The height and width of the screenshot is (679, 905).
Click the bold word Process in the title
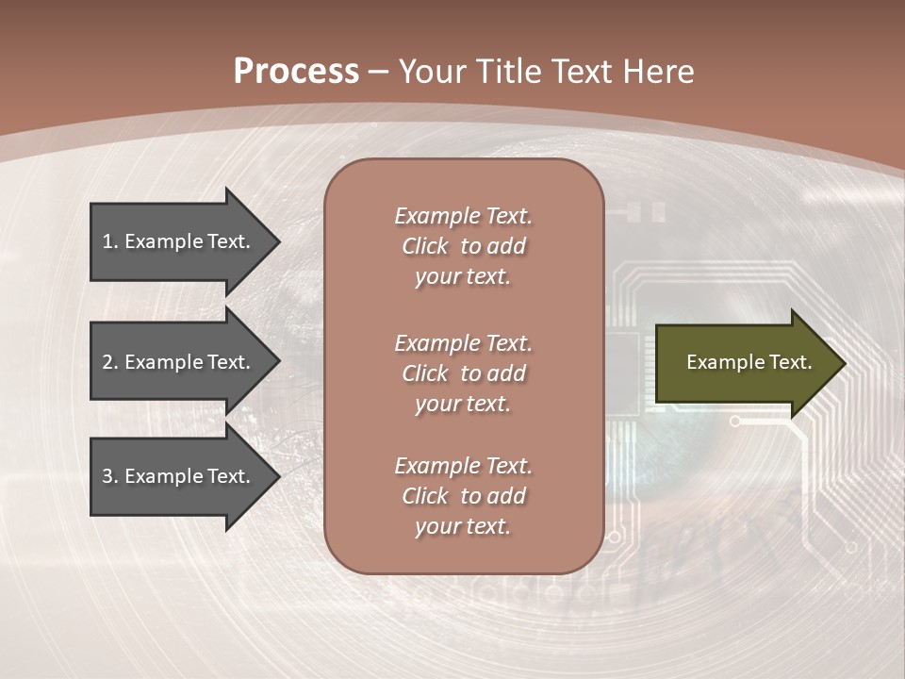[296, 72]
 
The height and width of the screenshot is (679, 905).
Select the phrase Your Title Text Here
[546, 72]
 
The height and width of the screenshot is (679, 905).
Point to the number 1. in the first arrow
[109, 241]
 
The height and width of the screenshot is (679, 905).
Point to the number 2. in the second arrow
[109, 362]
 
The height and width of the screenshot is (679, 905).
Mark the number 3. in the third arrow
[109, 476]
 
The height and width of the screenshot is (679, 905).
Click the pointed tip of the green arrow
[842, 363]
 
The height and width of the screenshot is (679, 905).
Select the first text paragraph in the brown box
[463, 246]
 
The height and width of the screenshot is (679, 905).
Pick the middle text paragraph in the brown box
[463, 373]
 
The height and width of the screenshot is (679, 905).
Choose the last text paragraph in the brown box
[463, 496]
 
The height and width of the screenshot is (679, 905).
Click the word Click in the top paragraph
[425, 246]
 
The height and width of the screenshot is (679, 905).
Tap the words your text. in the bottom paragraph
[463, 526]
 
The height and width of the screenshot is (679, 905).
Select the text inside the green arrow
[749, 362]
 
